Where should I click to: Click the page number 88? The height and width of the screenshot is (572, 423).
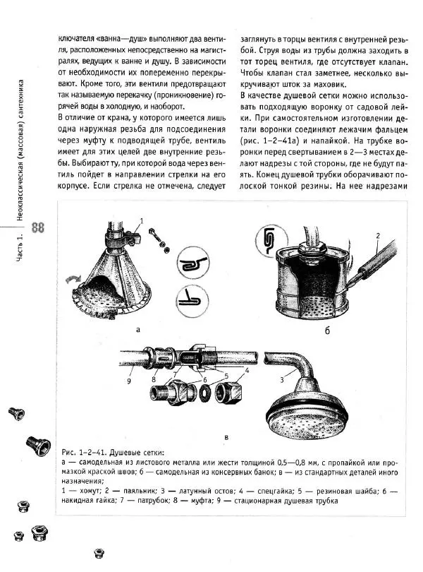click(x=38, y=227)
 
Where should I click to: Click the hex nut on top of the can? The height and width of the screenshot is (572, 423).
click(x=311, y=248)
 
